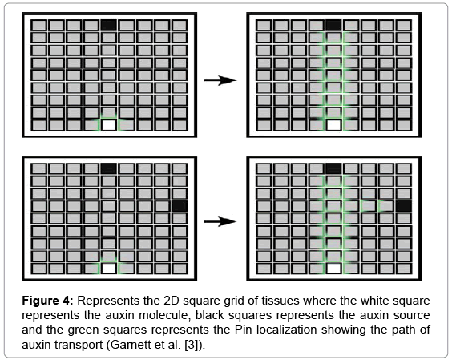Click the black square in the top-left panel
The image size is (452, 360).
[x=109, y=25]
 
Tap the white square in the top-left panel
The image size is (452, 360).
[x=109, y=125]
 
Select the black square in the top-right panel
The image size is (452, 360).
[x=334, y=25]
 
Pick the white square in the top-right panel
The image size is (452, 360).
[x=334, y=125]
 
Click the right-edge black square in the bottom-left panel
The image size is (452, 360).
[x=180, y=206]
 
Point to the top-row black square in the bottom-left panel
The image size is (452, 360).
[x=109, y=168]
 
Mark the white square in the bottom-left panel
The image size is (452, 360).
[x=109, y=269]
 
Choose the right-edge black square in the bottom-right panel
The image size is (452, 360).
[x=404, y=206]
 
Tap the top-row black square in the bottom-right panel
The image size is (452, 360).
[x=334, y=168]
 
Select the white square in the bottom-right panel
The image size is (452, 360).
[x=334, y=269]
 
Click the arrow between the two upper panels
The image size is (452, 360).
[x=220, y=80]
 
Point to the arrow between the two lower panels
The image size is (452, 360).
[x=220, y=221]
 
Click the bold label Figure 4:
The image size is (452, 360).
[x=47, y=301]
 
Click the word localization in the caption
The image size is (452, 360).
[x=287, y=330]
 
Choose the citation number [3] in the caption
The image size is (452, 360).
[x=192, y=345]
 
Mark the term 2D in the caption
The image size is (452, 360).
[x=172, y=301]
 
